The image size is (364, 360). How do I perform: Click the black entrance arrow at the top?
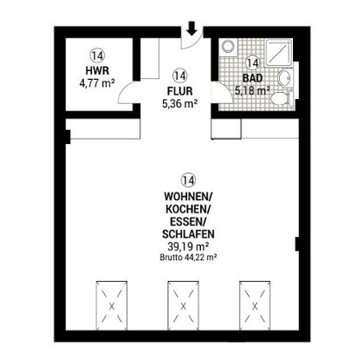(192, 29)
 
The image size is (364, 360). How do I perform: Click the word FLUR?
(179, 91)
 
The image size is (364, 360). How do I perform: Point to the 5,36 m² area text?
(179, 104)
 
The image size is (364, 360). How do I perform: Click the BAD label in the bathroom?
(252, 78)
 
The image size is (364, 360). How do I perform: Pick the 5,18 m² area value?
(252, 91)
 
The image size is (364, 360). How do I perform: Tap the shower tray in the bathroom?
(278, 52)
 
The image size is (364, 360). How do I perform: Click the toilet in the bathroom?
(281, 97)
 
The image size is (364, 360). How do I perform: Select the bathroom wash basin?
(286, 78)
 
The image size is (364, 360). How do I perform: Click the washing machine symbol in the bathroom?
(229, 46)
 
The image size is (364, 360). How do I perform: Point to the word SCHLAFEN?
(188, 233)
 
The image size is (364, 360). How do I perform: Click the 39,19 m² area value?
(188, 246)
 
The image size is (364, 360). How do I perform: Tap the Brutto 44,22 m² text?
(188, 257)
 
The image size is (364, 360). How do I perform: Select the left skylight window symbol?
(112, 305)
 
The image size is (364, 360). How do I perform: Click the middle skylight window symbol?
(183, 305)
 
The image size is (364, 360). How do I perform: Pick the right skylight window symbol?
(255, 305)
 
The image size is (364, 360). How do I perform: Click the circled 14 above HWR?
(97, 56)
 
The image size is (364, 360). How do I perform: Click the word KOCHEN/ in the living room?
(188, 209)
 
